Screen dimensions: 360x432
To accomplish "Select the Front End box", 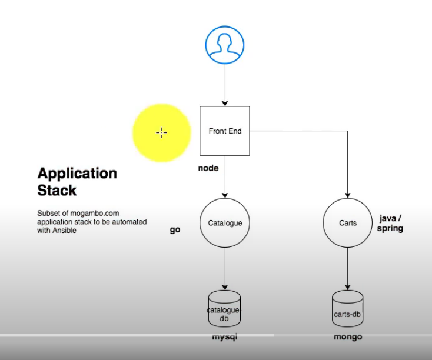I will [225, 131].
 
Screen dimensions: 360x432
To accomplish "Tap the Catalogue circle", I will [225, 223].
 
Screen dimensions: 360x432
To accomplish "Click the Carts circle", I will [348, 223].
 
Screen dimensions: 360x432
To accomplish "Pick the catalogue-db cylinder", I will [225, 309].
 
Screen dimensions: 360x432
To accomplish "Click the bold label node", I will [208, 168].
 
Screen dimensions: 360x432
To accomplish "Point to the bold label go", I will [175, 230].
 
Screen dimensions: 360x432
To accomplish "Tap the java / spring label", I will [390, 223].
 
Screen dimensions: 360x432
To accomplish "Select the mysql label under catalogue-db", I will [225, 337].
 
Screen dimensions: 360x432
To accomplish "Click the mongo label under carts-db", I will [348, 337].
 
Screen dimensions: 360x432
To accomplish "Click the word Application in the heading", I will [77, 174].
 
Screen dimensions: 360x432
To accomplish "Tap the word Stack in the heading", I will [57, 191].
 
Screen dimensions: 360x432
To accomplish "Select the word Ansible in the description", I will [64, 231].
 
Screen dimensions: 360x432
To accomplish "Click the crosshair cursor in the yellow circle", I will [161, 132].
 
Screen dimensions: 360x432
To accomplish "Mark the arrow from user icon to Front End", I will [225, 85].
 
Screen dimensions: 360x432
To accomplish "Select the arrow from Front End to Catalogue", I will [225, 176].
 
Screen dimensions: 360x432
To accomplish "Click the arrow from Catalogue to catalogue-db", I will [225, 268].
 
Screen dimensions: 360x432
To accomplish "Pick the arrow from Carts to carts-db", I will [348, 268].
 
